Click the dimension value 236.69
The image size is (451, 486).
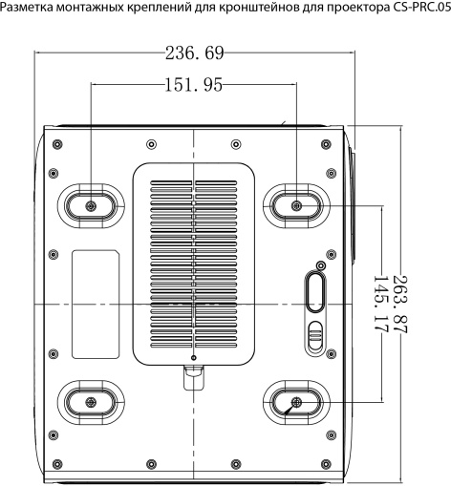195,53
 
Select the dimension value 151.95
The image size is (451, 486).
194,85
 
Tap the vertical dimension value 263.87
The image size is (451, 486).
400,305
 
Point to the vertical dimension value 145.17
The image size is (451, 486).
381,305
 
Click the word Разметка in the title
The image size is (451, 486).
27,8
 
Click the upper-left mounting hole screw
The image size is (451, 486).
91,206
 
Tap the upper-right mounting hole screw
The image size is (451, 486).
297,206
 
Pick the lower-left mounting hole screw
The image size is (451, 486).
91,402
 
